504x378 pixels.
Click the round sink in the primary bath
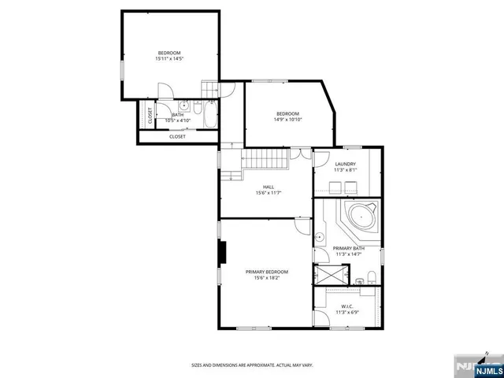[321, 236]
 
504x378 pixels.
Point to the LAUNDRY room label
[345, 164]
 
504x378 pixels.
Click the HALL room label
[269, 187]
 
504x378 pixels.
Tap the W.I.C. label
[347, 306]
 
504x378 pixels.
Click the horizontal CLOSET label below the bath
[178, 136]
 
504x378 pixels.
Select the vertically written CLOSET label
[150, 115]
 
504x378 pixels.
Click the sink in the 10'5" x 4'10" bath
[183, 104]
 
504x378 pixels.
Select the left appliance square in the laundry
[334, 187]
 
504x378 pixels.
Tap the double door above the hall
[295, 154]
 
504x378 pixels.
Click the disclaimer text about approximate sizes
[252, 365]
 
